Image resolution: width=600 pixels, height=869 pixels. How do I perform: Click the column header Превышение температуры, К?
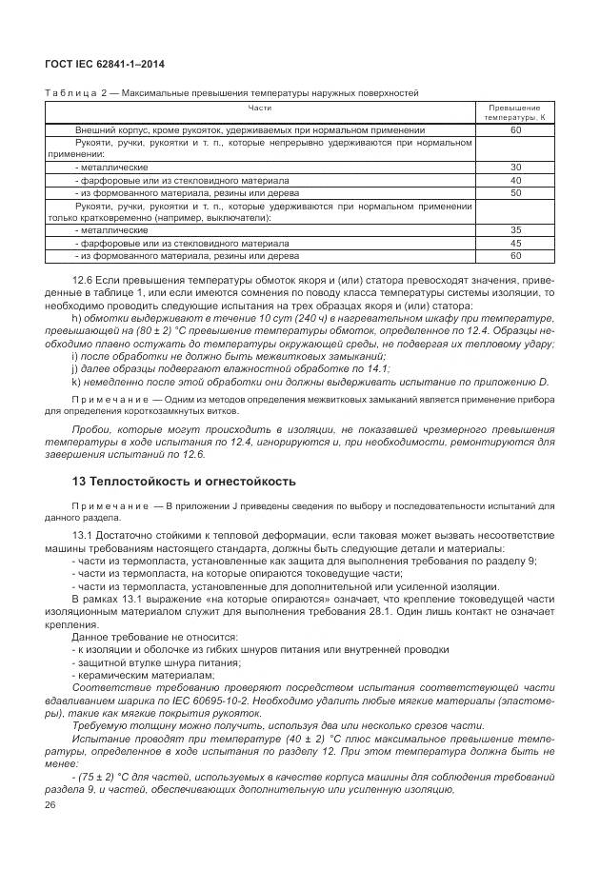(x=514, y=112)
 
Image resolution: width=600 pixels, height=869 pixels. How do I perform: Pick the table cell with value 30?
(x=515, y=167)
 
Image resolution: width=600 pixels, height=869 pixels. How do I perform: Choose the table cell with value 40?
(x=515, y=180)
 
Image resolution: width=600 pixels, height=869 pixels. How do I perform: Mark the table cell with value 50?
(x=515, y=192)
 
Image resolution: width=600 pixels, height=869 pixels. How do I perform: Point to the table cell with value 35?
(x=515, y=230)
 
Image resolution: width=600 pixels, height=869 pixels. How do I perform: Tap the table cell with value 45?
(x=515, y=243)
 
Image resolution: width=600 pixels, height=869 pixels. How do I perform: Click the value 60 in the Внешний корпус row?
(x=515, y=129)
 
